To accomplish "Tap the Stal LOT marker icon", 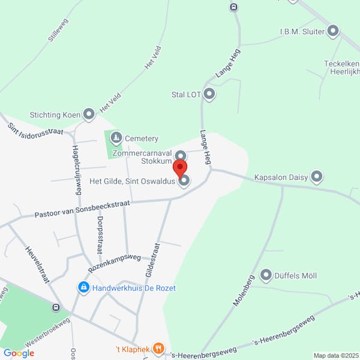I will click(209, 94).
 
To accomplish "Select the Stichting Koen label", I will click(55, 114).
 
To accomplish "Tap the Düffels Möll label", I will click(296, 276).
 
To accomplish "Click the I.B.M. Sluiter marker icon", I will click(334, 31).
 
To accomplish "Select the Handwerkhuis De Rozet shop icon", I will click(83, 288).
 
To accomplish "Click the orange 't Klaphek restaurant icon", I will click(158, 347).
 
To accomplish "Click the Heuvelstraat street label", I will click(37, 264).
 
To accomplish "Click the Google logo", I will click(19, 353).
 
